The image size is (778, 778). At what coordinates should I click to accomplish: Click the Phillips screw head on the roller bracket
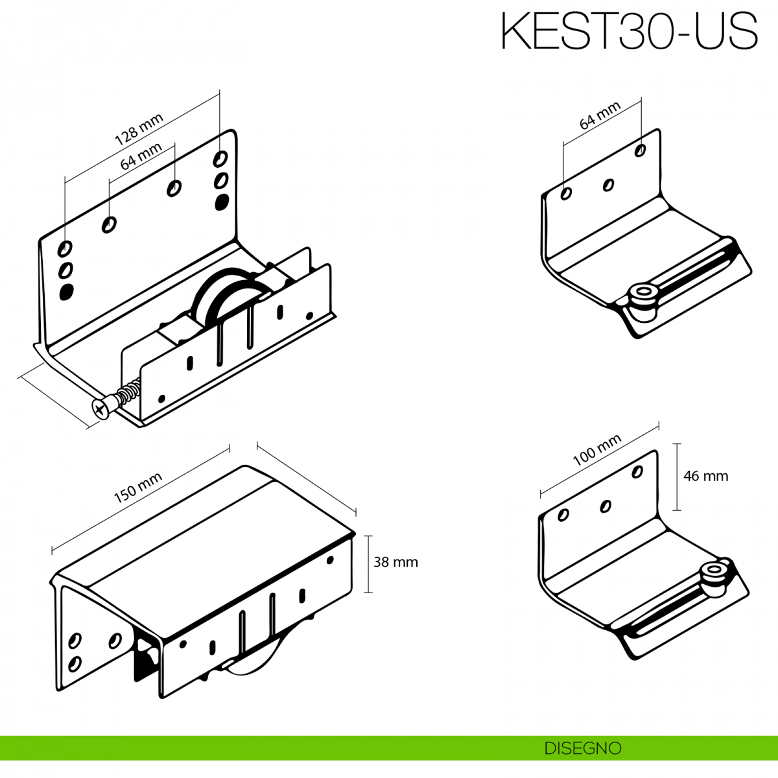pos(101,410)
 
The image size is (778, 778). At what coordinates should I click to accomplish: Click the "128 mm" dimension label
pos(139,129)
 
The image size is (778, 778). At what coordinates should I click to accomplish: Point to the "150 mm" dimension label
pos(138,488)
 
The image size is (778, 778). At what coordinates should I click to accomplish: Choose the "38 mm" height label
pos(395,562)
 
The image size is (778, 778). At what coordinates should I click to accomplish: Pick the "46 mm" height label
pos(706,477)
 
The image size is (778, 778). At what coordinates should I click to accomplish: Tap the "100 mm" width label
pos(596,450)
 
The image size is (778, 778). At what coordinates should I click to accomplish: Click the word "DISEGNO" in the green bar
pos(583,748)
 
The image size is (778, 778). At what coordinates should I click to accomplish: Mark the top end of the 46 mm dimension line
pos(677,443)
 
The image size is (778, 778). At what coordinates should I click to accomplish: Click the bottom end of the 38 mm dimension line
pos(368,593)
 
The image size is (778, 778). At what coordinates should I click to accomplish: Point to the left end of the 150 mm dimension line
pos(52,550)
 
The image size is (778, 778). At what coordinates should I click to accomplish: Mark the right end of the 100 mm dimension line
pos(659,426)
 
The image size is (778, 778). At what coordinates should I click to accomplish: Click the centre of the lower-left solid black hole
pos(67,292)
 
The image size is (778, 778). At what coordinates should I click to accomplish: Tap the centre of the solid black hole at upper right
pos(222,202)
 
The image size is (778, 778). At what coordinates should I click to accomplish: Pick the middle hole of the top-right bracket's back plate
pos(608,185)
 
